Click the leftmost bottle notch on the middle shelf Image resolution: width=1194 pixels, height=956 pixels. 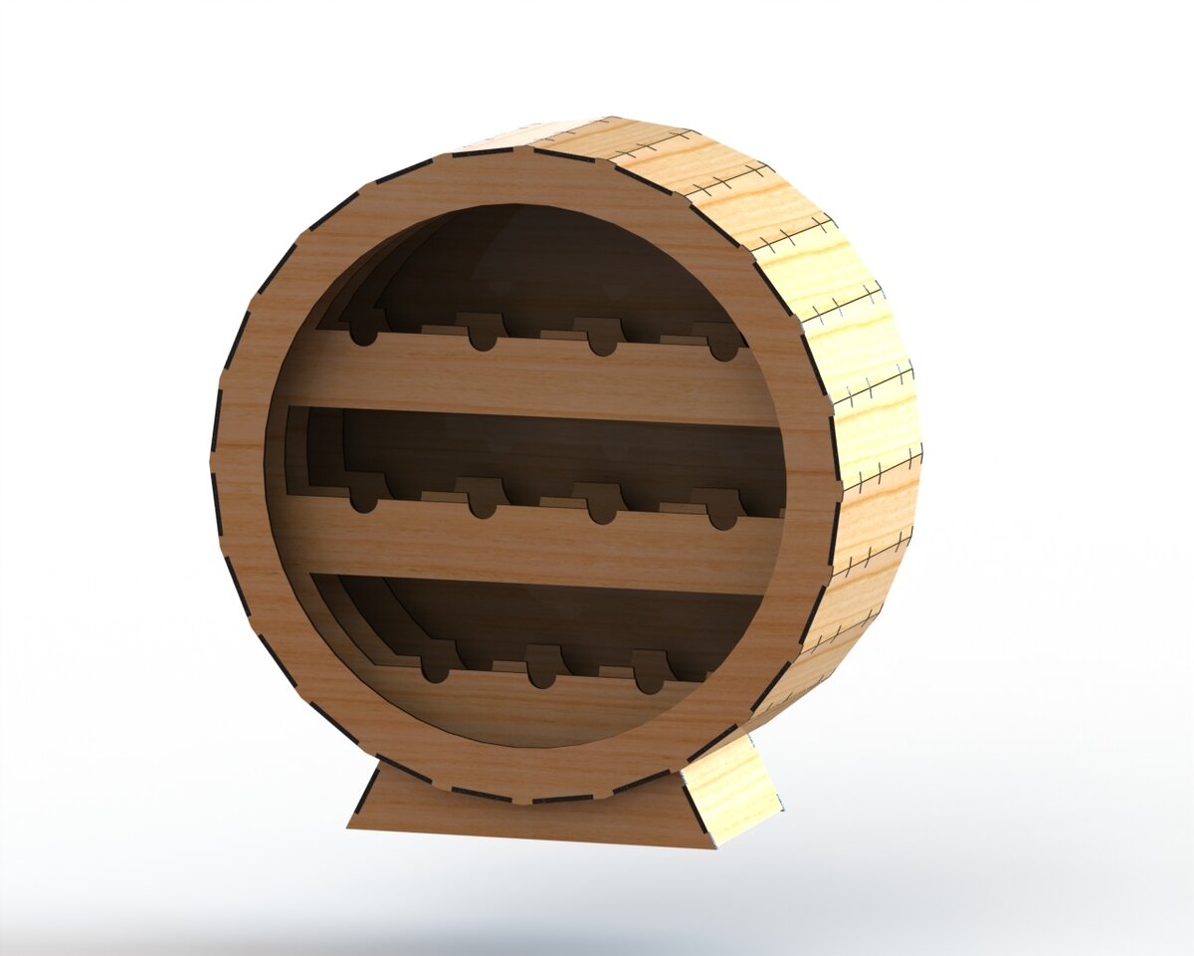(365, 501)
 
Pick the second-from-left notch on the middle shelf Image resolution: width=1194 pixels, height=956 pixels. (484, 506)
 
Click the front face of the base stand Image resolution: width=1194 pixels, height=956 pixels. (527, 812)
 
